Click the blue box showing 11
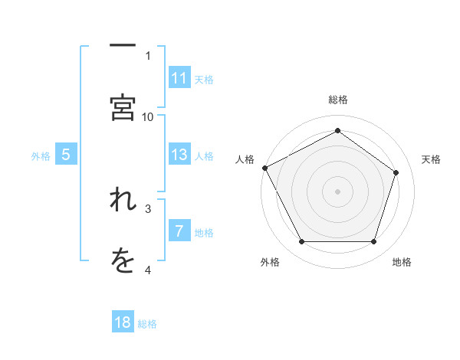pyautogui.click(x=179, y=78)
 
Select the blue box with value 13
pyautogui.click(x=179, y=155)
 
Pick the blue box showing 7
pyautogui.click(x=179, y=231)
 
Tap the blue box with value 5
pyautogui.click(x=66, y=155)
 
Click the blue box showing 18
pyautogui.click(x=123, y=322)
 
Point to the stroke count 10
pyautogui.click(x=148, y=116)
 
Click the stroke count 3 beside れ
pyautogui.click(x=148, y=208)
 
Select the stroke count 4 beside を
pyautogui.click(x=148, y=270)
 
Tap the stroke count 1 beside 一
pyautogui.click(x=148, y=55)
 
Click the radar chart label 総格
pyautogui.click(x=337, y=100)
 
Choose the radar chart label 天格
pyautogui.click(x=431, y=159)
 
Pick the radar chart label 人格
pyautogui.click(x=245, y=159)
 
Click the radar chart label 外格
pyautogui.click(x=270, y=262)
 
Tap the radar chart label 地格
pyautogui.click(x=402, y=262)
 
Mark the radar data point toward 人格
pyautogui.click(x=264, y=167)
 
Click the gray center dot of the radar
pyautogui.click(x=337, y=191)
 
